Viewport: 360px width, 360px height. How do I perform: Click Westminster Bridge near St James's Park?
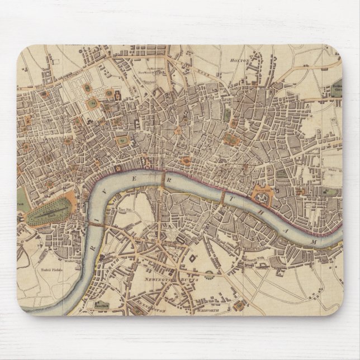tap(89, 223)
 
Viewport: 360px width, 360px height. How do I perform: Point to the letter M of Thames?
tap(314, 240)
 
